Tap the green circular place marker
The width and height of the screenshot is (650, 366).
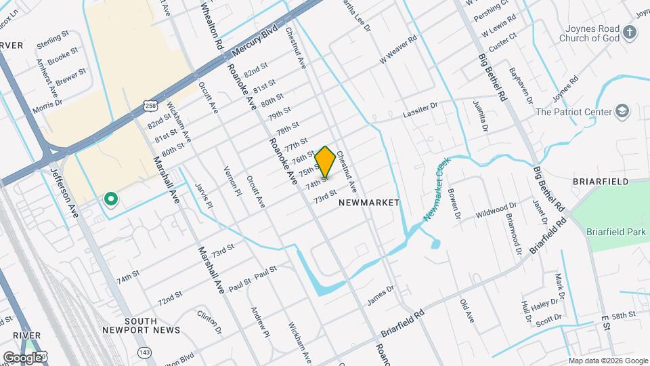click(110, 199)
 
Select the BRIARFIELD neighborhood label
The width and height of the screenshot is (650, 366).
click(601, 182)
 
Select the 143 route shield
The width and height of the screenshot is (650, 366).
click(144, 352)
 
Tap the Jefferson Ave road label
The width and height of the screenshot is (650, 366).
click(65, 193)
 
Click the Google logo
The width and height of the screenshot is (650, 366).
click(22, 357)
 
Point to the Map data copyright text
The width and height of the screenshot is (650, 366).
click(607, 361)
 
